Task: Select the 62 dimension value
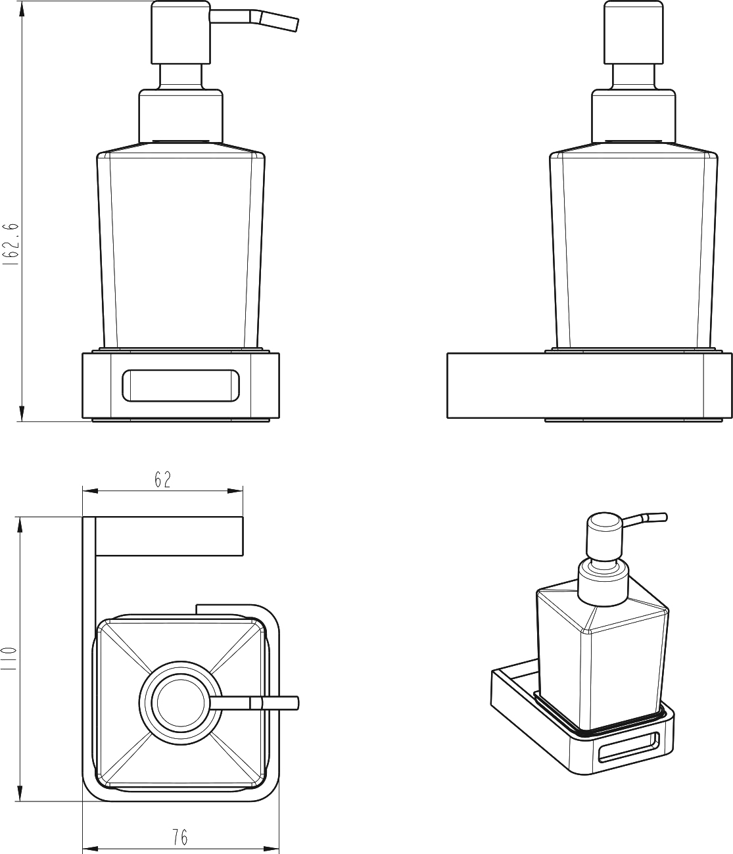pos(163,479)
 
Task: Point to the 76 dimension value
pos(179,837)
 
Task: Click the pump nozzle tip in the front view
pos(296,24)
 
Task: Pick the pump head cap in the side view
pos(634,33)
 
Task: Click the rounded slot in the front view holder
pos(181,385)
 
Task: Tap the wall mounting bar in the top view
pos(169,536)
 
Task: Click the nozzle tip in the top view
pos(296,703)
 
